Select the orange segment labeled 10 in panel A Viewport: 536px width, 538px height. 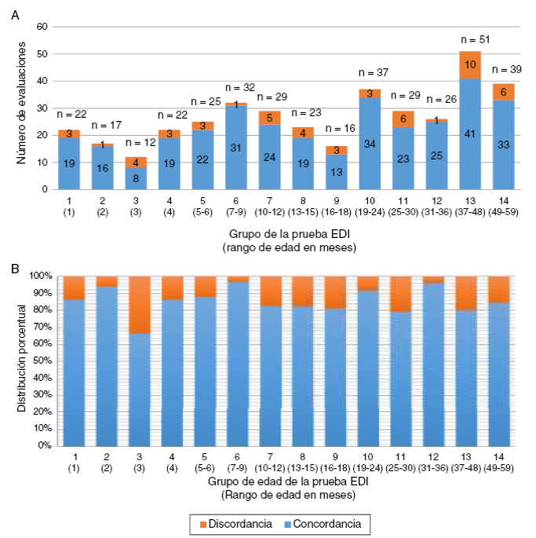(470, 64)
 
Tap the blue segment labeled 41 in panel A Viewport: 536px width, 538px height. (470, 134)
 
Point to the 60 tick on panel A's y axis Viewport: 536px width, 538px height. (43, 27)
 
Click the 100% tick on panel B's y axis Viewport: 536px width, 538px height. (38, 276)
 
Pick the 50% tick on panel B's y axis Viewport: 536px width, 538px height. (41, 361)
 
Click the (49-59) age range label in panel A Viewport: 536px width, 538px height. (503, 212)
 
